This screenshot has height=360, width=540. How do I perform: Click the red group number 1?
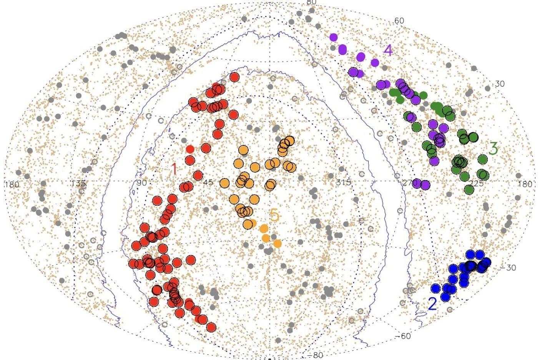[x=174, y=168]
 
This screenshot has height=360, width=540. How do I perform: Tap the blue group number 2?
[x=432, y=304]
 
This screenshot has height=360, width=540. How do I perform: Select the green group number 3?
[x=493, y=148]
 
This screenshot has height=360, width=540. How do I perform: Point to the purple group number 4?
[x=388, y=50]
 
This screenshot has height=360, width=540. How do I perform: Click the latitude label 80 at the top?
[x=311, y=2]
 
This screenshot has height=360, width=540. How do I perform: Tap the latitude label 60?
[x=399, y=21]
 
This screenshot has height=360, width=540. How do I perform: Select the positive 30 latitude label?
[x=500, y=84]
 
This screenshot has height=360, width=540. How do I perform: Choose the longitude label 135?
[x=79, y=183]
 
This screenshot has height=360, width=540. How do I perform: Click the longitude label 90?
[x=141, y=182]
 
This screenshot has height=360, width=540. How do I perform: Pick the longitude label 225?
[x=477, y=183]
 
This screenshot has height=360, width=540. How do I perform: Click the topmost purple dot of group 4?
[x=333, y=37]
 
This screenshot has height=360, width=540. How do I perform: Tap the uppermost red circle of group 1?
[x=234, y=77]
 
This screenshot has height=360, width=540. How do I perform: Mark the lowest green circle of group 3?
[x=469, y=189]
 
